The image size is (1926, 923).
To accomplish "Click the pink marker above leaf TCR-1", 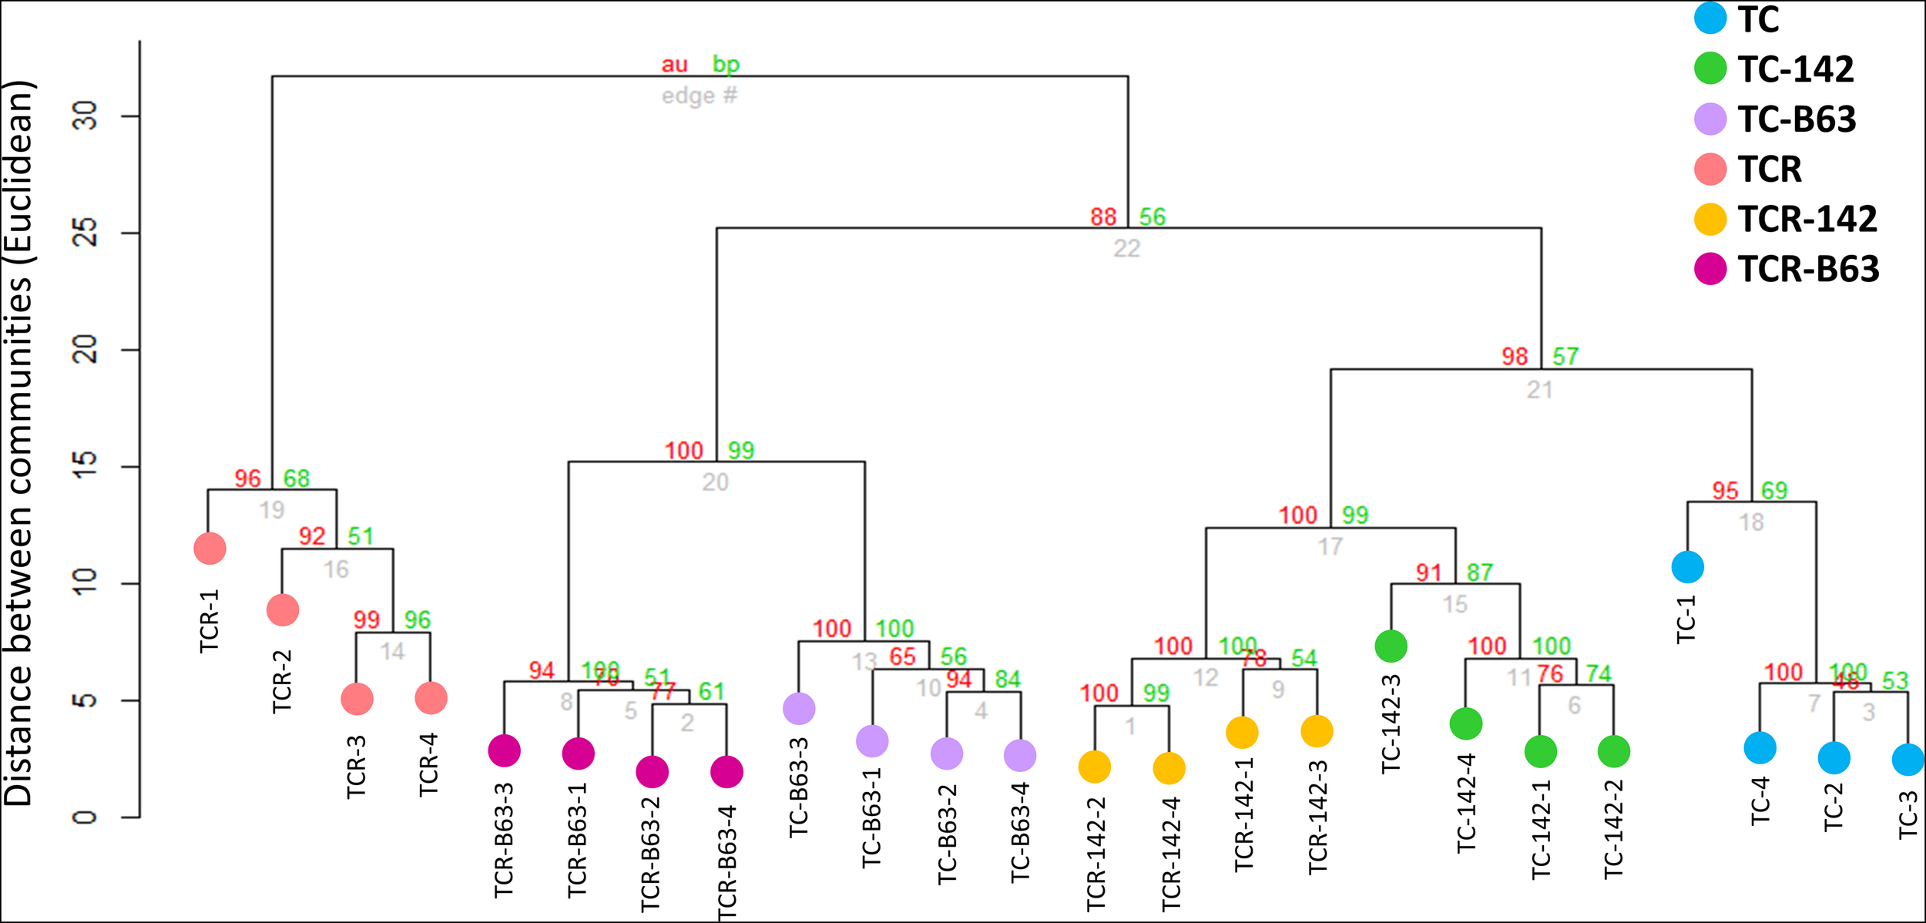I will [x=210, y=549].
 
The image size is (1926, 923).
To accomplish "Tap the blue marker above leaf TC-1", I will [x=1687, y=568].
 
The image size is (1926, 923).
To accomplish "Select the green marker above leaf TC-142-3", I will [x=1391, y=646].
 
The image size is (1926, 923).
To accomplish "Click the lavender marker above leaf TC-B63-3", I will [x=799, y=708].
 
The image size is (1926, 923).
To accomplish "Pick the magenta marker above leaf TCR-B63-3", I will [x=504, y=750].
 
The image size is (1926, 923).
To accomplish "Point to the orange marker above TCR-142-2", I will [x=1094, y=767].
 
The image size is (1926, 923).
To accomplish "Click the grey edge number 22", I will [x=1126, y=249].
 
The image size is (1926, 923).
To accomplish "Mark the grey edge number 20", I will [x=715, y=482].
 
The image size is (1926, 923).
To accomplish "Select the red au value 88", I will [x=1103, y=216].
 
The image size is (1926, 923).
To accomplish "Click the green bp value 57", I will [x=1565, y=357].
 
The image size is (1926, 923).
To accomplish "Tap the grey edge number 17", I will [x=1330, y=547].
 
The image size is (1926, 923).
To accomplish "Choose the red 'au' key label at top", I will [x=674, y=65].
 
